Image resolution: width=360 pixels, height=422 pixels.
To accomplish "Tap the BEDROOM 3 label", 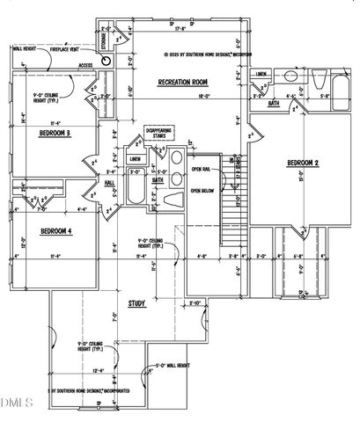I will click(x=55, y=133).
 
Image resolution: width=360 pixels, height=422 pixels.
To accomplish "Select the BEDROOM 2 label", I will click(x=302, y=164).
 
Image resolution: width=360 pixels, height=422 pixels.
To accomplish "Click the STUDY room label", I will click(x=136, y=303).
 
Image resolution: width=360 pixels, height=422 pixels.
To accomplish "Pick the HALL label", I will click(x=110, y=184).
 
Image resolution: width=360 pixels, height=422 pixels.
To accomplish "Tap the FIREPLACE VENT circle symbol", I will click(x=107, y=62).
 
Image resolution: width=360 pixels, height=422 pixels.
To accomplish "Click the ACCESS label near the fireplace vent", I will click(x=86, y=65).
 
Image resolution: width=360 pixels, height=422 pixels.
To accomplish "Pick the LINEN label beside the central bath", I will click(x=136, y=159).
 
